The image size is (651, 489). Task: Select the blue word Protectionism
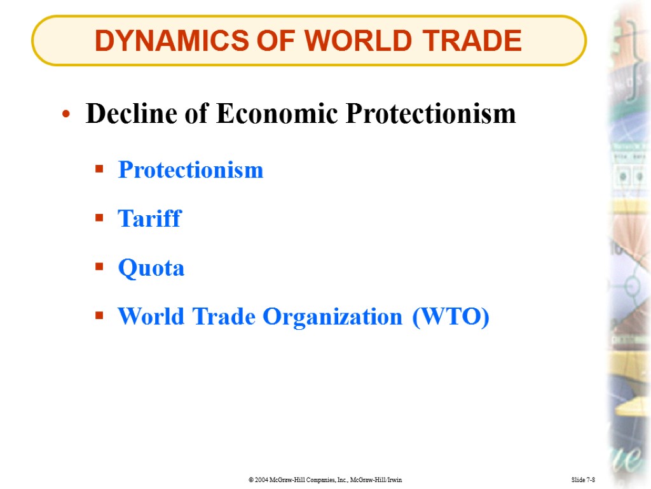coord(190,170)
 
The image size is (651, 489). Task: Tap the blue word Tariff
coord(149,219)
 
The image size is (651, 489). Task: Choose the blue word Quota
coord(151,268)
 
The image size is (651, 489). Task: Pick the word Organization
coord(333,316)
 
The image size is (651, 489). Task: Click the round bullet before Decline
coord(65,116)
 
